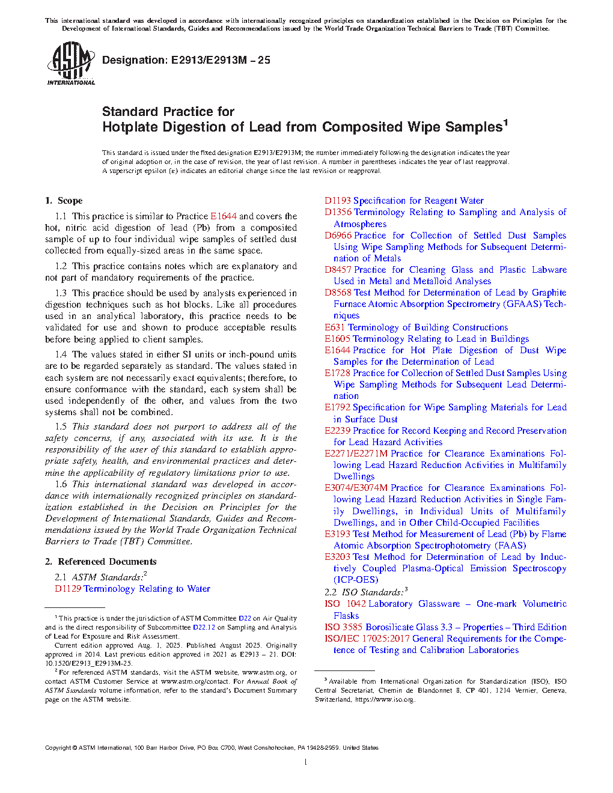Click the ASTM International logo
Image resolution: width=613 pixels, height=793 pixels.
click(x=70, y=64)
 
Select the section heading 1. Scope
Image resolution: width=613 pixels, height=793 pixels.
click(x=64, y=201)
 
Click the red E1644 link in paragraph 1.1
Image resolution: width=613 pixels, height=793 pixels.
click(x=223, y=216)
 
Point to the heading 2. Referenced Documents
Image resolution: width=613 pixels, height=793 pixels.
click(x=100, y=562)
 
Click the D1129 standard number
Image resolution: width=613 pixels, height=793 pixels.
click(x=67, y=589)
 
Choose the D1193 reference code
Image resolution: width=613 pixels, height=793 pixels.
click(x=337, y=201)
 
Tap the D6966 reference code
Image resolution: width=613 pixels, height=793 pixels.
click(x=338, y=235)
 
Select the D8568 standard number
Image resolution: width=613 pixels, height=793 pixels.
click(x=338, y=293)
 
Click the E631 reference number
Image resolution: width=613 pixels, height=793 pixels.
click(x=335, y=327)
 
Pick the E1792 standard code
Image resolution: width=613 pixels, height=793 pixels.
click(x=337, y=407)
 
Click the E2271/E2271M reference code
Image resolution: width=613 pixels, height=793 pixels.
click(x=356, y=454)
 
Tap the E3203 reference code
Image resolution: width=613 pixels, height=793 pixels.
click(x=337, y=557)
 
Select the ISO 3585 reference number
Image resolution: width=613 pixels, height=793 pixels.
click(x=343, y=627)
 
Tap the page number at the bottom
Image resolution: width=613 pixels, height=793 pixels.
click(x=306, y=762)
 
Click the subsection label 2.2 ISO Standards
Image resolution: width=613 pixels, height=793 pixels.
click(x=364, y=592)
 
